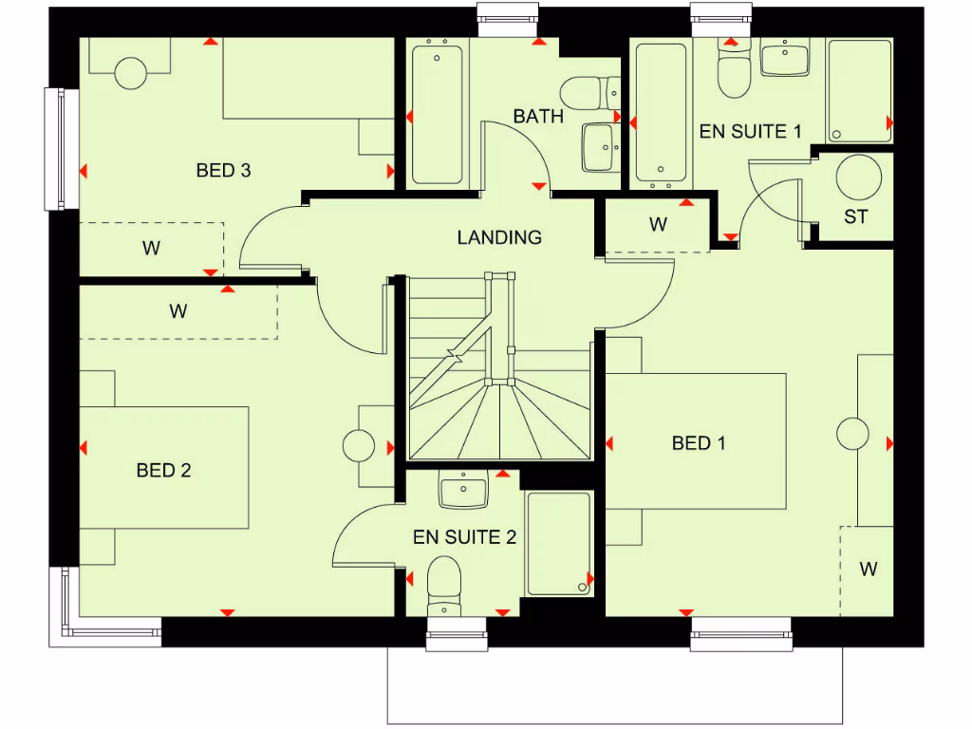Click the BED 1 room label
(x=699, y=442)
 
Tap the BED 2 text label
(x=163, y=470)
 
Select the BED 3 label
(x=223, y=171)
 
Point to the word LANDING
(x=499, y=237)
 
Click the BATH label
(x=538, y=117)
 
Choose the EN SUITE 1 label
(x=743, y=132)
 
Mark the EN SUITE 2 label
(x=464, y=537)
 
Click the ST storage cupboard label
(x=855, y=216)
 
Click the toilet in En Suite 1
(x=733, y=74)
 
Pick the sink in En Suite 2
(x=463, y=492)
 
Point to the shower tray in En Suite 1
(x=859, y=90)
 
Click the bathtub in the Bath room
(x=438, y=111)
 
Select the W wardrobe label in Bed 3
(x=151, y=249)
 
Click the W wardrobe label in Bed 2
(x=178, y=310)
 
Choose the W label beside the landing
(x=658, y=225)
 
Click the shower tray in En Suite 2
(x=559, y=543)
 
